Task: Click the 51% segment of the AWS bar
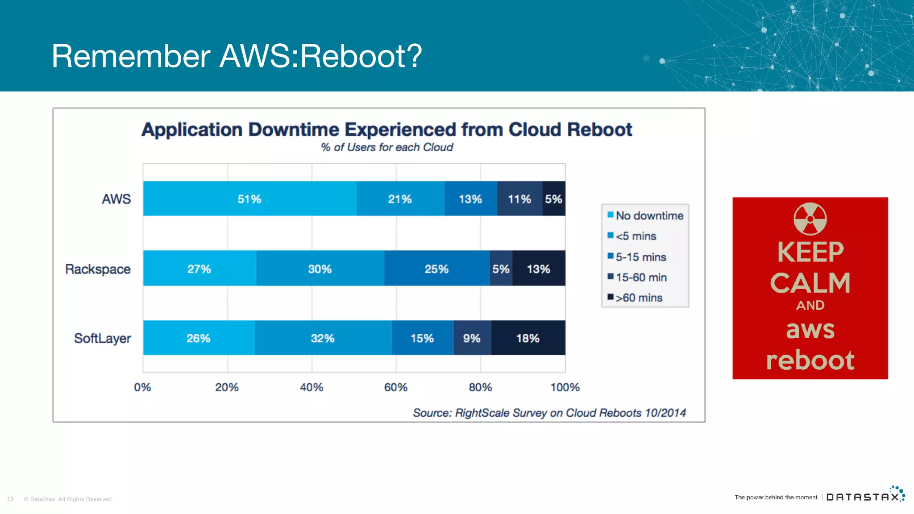(249, 199)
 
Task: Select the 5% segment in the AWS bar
(553, 199)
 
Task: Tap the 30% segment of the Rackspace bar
(320, 269)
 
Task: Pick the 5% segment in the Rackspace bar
(501, 269)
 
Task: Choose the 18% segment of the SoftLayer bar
(528, 338)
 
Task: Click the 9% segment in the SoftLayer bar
(472, 338)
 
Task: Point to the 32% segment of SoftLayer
(323, 338)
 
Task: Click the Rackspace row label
(98, 269)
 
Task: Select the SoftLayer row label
(103, 338)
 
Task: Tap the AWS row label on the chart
(116, 199)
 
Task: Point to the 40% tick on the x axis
(312, 387)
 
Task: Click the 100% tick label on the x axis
(565, 387)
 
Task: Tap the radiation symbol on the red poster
(810, 219)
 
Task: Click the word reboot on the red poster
(810, 360)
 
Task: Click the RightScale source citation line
(549, 413)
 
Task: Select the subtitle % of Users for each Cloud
(387, 147)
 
